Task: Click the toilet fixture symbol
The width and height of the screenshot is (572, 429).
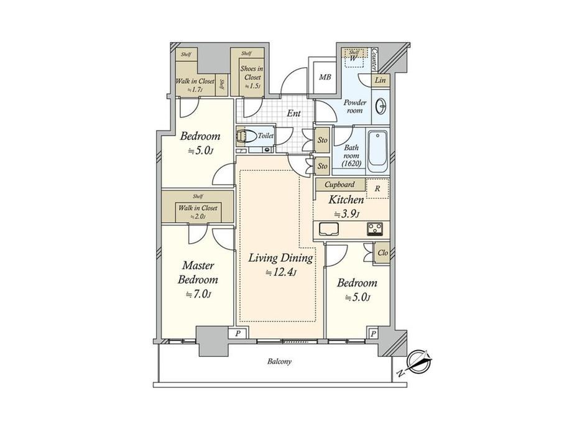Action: [x=246, y=136]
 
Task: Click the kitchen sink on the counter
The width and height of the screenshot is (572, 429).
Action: [x=329, y=229]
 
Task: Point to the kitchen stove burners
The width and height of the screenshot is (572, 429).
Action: [x=375, y=229]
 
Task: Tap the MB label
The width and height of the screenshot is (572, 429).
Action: [x=325, y=77]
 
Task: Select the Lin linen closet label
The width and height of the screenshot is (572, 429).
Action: [x=380, y=80]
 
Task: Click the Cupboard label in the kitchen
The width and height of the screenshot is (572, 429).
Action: [x=339, y=185]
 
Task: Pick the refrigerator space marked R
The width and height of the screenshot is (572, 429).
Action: [x=377, y=188]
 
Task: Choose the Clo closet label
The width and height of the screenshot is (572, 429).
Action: [x=382, y=252]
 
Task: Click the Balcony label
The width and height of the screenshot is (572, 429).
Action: [x=279, y=361]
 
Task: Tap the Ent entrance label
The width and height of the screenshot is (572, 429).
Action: [x=293, y=113]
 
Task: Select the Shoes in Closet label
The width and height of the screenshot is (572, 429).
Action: [x=252, y=73]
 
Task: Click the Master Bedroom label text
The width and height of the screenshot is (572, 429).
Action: [x=198, y=272]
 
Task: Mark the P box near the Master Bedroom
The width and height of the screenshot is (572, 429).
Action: [x=238, y=333]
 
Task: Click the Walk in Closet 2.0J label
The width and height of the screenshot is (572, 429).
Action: [x=198, y=212]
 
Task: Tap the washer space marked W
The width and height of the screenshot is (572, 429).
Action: [x=353, y=58]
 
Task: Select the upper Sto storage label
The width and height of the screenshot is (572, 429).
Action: [x=323, y=140]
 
